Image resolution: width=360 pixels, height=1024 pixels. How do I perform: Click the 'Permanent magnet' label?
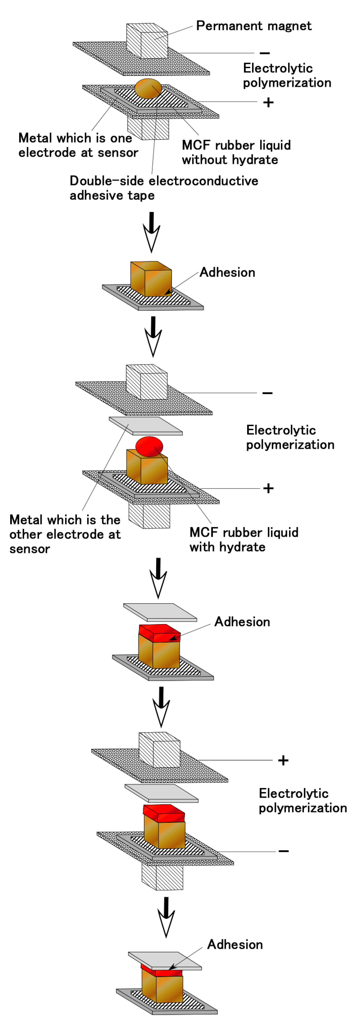[253, 26]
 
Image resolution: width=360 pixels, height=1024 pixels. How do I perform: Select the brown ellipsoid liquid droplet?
[148, 88]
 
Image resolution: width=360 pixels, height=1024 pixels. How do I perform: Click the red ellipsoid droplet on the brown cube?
[149, 446]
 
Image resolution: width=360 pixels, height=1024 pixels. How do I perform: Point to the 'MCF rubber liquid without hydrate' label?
[236, 152]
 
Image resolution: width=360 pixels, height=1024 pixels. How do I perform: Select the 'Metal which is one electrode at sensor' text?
[78, 145]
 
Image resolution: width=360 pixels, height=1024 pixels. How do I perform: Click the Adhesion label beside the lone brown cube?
[227, 272]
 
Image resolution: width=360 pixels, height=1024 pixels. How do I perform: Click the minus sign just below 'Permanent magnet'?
[265, 53]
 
